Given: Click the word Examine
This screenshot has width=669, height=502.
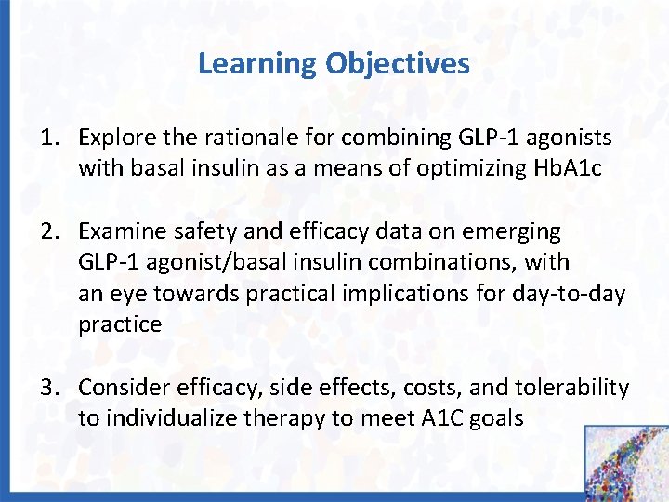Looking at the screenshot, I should (x=120, y=230).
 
